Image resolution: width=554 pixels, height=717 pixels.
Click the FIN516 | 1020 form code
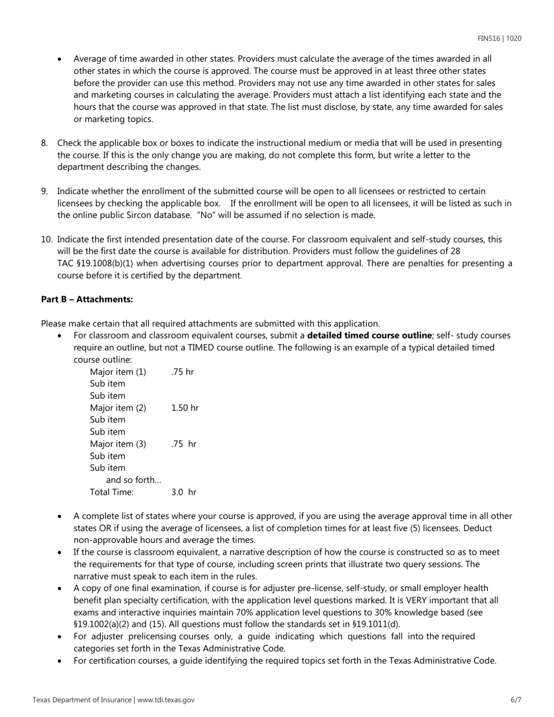[499, 38]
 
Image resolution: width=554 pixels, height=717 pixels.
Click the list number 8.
[44, 143]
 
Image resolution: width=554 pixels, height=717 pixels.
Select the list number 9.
[44, 191]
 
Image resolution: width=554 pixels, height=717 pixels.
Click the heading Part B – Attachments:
[87, 299]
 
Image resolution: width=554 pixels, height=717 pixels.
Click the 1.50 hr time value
[185, 408]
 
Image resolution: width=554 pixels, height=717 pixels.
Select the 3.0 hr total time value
[184, 492]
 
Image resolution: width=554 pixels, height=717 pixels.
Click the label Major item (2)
[118, 408]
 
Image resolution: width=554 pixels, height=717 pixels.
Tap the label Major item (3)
[118, 444]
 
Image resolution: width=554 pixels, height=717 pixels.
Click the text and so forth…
[134, 480]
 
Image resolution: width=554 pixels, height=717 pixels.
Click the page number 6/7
[516, 700]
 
